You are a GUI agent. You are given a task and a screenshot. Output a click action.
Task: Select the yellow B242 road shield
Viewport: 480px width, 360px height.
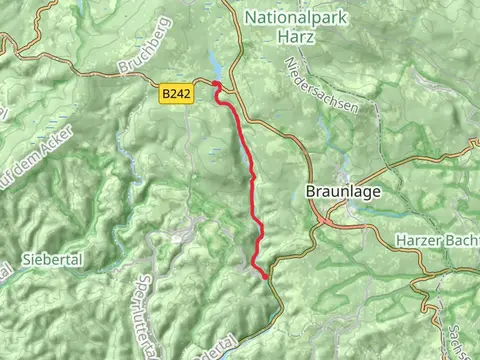tap(174, 92)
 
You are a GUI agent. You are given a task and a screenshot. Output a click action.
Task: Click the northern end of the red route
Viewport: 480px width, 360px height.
tap(216, 85)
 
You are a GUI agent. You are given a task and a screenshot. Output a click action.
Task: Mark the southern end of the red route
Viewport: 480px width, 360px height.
tap(266, 276)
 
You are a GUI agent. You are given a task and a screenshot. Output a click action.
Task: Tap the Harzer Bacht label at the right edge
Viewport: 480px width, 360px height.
tap(436, 241)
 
